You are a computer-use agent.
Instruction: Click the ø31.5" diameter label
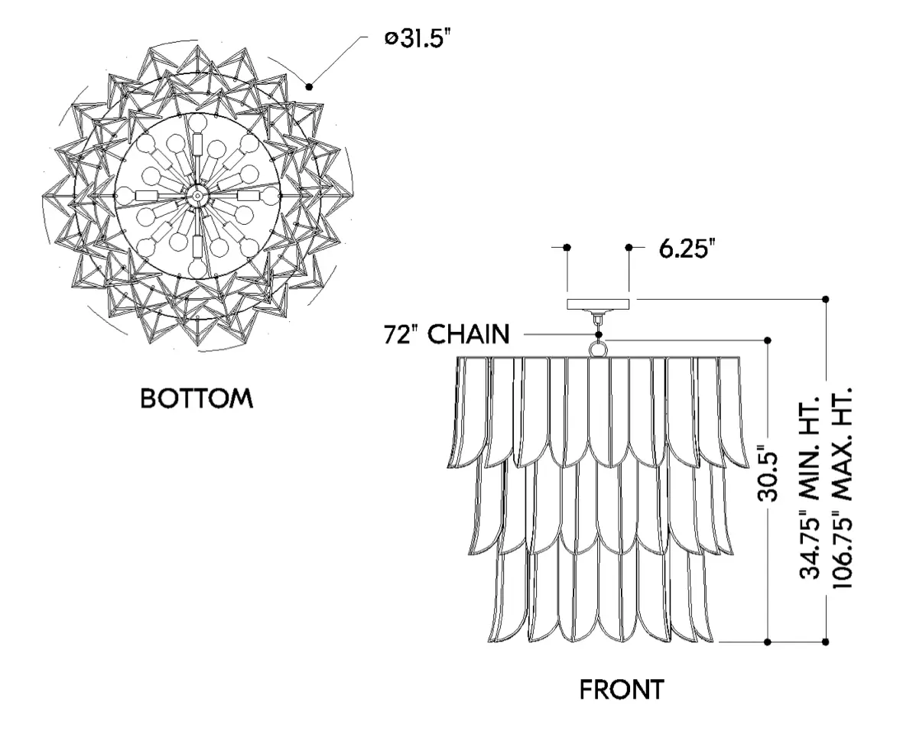[418, 39]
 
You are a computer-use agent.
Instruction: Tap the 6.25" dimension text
[687, 249]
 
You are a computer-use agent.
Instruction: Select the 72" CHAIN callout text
[447, 334]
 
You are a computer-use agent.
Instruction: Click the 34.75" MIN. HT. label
[809, 487]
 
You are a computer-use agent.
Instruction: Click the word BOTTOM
[197, 398]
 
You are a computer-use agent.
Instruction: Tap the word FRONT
[621, 690]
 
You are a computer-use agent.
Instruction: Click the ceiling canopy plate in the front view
[598, 304]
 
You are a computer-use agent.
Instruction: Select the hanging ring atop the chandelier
[599, 349]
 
